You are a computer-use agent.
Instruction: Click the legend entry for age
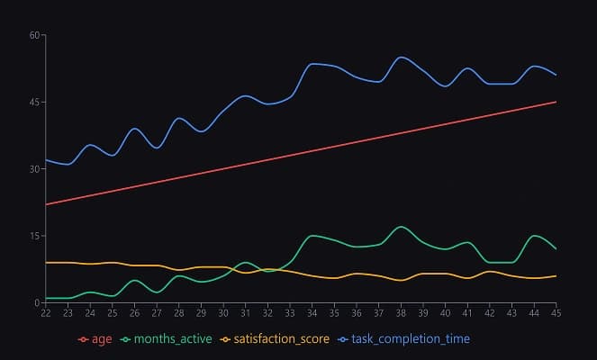point(95,338)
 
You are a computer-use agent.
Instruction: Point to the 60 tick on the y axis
point(35,35)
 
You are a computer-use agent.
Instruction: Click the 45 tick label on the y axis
point(35,102)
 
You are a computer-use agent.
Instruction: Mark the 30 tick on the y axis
point(35,169)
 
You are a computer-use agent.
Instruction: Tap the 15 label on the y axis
point(35,236)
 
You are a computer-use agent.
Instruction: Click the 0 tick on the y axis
point(38,302)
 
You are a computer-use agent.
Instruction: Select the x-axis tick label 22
point(45,313)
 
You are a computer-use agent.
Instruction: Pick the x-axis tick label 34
point(312,313)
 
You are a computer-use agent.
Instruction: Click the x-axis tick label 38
point(401,313)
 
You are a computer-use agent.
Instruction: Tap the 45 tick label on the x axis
point(556,313)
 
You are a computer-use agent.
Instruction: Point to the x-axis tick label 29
point(201,313)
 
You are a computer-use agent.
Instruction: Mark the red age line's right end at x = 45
point(556,102)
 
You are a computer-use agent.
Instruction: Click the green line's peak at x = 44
point(534,236)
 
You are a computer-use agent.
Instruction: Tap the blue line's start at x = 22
point(45,160)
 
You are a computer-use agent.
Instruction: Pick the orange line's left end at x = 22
point(45,263)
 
